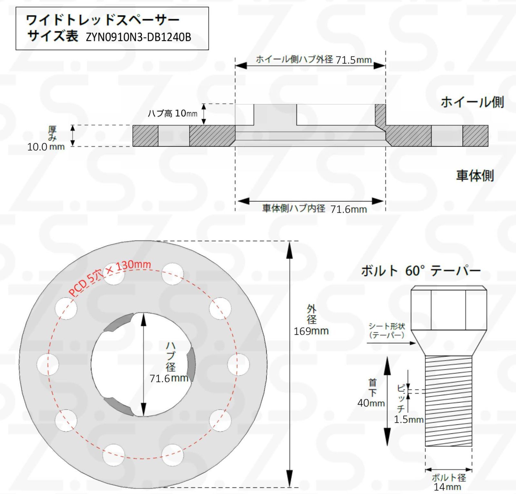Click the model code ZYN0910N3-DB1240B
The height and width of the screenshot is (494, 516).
(x=138, y=37)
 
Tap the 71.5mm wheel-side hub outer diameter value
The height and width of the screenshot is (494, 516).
(x=353, y=60)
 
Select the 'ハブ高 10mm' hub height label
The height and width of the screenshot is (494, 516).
(x=172, y=113)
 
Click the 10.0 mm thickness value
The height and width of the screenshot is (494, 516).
(x=46, y=147)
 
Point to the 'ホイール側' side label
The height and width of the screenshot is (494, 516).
(x=472, y=102)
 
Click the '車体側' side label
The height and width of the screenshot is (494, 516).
(x=475, y=176)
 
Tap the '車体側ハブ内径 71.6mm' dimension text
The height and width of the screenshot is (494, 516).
(x=314, y=209)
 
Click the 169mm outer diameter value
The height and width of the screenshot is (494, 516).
(x=311, y=331)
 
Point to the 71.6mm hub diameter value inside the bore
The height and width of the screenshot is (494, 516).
(x=169, y=378)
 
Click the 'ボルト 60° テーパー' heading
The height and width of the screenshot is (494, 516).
(x=421, y=271)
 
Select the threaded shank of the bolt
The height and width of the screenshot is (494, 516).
(x=448, y=401)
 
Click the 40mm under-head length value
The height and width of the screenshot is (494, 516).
(x=371, y=403)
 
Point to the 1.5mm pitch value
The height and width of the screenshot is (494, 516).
(x=408, y=420)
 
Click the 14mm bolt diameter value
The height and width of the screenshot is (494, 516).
(x=447, y=487)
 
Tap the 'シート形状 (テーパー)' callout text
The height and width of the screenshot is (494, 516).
(x=387, y=331)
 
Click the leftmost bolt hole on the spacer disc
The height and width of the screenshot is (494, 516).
(x=48, y=364)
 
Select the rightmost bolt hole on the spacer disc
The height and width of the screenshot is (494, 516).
(x=238, y=364)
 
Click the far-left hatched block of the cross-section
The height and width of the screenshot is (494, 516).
(x=145, y=136)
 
